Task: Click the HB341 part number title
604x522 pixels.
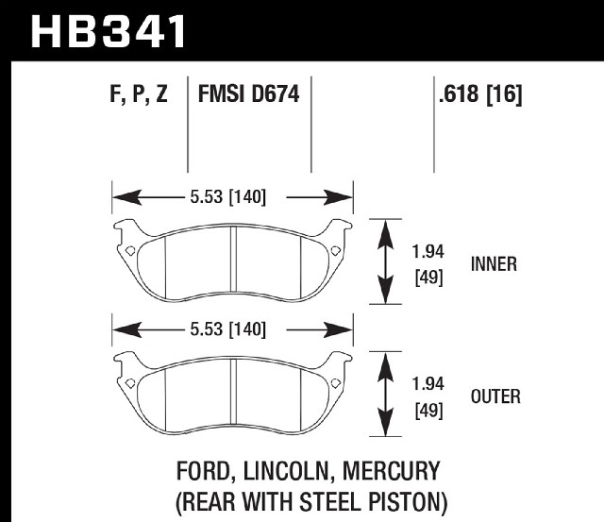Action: tap(108, 31)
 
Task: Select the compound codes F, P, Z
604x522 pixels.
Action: tap(139, 93)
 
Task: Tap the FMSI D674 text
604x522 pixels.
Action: tap(248, 94)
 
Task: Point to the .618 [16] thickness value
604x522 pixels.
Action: tap(480, 94)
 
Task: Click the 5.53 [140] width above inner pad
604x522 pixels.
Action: tap(228, 197)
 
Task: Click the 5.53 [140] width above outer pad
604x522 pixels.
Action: tap(228, 329)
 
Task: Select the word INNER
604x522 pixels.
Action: tap(494, 264)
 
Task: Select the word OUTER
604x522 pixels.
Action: tap(495, 396)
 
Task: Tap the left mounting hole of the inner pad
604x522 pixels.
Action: tap(130, 251)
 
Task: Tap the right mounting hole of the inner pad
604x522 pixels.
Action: tap(336, 251)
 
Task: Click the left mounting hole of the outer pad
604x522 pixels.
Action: tap(130, 383)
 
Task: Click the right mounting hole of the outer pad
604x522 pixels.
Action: tap(336, 383)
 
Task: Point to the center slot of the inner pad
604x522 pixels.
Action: tap(233, 259)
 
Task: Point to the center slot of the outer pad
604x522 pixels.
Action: tap(233, 391)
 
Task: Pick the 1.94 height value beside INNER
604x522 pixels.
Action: tap(428, 252)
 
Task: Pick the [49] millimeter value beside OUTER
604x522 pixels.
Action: tap(428, 411)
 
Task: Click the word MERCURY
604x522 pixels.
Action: tap(391, 471)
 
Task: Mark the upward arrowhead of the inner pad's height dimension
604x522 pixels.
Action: tap(386, 236)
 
